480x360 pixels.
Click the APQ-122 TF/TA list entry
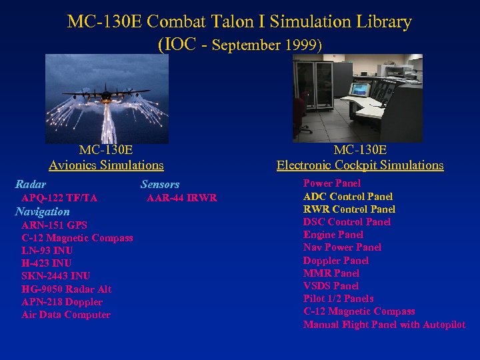point(59,198)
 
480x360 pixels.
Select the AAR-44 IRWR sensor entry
point(182,198)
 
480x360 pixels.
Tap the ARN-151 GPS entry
point(54,225)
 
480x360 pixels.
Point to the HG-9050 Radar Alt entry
point(66,289)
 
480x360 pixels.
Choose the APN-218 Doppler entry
point(62,302)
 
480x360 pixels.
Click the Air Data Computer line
point(66,315)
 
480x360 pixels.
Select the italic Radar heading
point(31,184)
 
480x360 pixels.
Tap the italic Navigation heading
point(42,211)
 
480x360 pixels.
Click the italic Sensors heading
point(160,184)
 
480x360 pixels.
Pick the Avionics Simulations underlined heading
point(106,165)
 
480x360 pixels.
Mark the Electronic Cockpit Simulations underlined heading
point(360,165)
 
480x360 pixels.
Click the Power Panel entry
point(332,183)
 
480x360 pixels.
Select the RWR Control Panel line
point(349,209)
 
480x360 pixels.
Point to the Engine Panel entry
point(333,235)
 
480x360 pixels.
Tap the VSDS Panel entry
point(331,286)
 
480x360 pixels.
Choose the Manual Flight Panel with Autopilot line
point(384,325)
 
